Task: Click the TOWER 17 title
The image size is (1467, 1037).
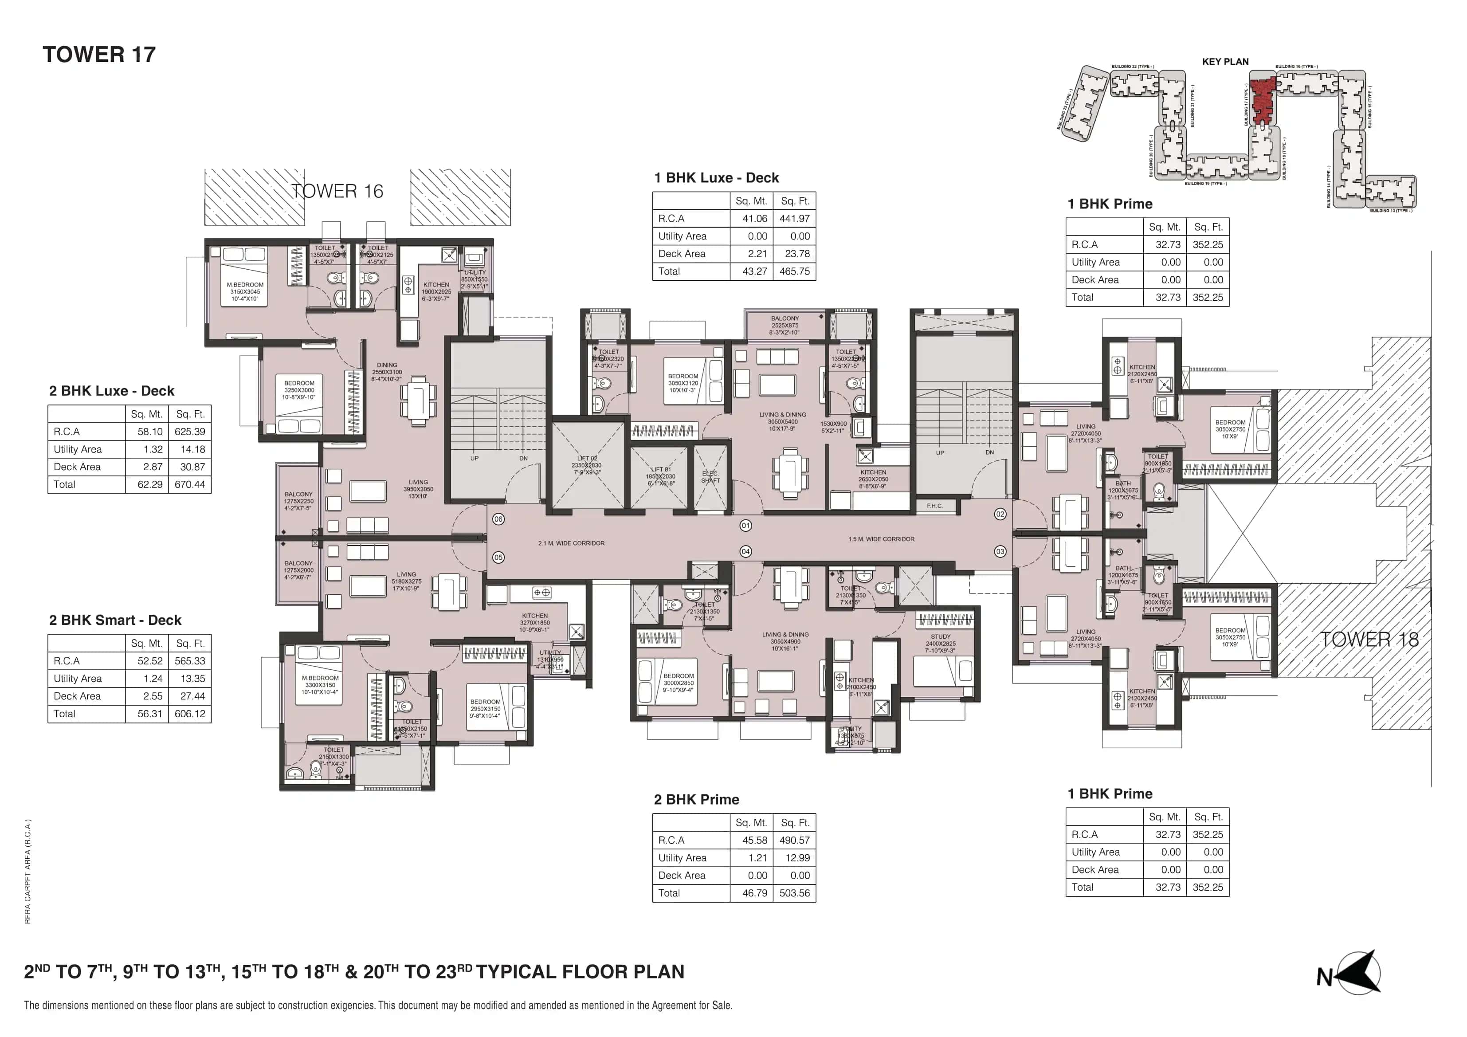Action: pos(99,55)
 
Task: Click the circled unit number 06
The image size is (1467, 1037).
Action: pos(498,519)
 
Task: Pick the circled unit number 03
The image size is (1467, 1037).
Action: pos(1000,551)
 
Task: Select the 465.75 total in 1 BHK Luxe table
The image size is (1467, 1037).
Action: pos(794,271)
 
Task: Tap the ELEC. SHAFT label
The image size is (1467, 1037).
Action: pos(710,477)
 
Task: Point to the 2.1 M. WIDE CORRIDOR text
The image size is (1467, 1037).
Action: pos(571,543)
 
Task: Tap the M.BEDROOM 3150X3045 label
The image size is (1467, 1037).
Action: pos(245,291)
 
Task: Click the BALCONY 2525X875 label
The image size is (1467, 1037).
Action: pos(784,325)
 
